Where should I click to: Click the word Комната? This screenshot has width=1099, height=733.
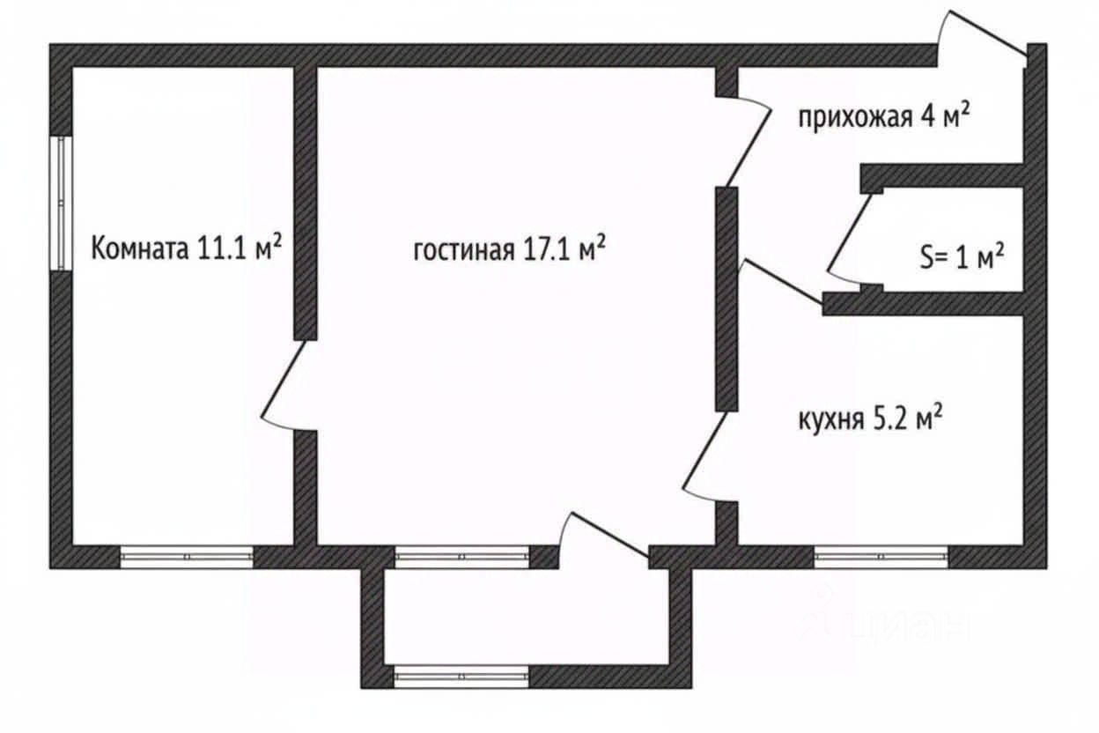point(140,248)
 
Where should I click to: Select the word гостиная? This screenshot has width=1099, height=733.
point(464,250)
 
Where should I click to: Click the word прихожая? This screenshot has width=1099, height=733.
point(855,118)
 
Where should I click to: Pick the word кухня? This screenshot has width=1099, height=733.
point(831,420)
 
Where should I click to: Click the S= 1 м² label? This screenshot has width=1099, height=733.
point(962,257)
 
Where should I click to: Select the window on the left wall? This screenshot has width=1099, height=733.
point(62,203)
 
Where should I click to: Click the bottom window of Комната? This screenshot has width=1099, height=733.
point(187,557)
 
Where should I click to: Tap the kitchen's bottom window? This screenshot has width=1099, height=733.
point(881,557)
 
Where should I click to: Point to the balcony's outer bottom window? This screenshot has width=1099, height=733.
point(461,677)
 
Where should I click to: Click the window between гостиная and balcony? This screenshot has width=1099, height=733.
point(461,557)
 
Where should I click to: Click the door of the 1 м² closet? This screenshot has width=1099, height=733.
point(850,234)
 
